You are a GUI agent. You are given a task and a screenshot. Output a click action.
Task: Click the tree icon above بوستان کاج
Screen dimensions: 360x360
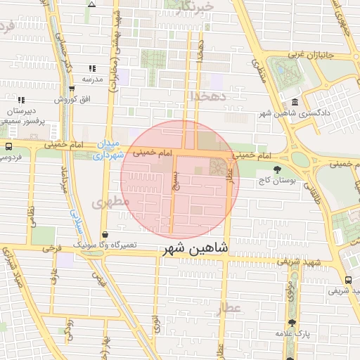(278, 169)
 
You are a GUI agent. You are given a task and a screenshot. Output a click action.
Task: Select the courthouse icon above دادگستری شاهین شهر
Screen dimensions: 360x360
(294, 102)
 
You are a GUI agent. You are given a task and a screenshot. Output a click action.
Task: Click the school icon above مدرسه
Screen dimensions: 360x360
(92, 69)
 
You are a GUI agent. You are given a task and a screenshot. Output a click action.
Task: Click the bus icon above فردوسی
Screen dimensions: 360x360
(8, 147)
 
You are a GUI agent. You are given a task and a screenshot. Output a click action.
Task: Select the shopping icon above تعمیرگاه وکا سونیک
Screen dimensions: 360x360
(105, 236)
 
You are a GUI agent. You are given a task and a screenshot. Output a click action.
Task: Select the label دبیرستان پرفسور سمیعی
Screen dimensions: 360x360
(22, 117)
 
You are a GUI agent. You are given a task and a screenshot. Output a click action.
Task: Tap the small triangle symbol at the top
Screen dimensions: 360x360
(91, 4)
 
